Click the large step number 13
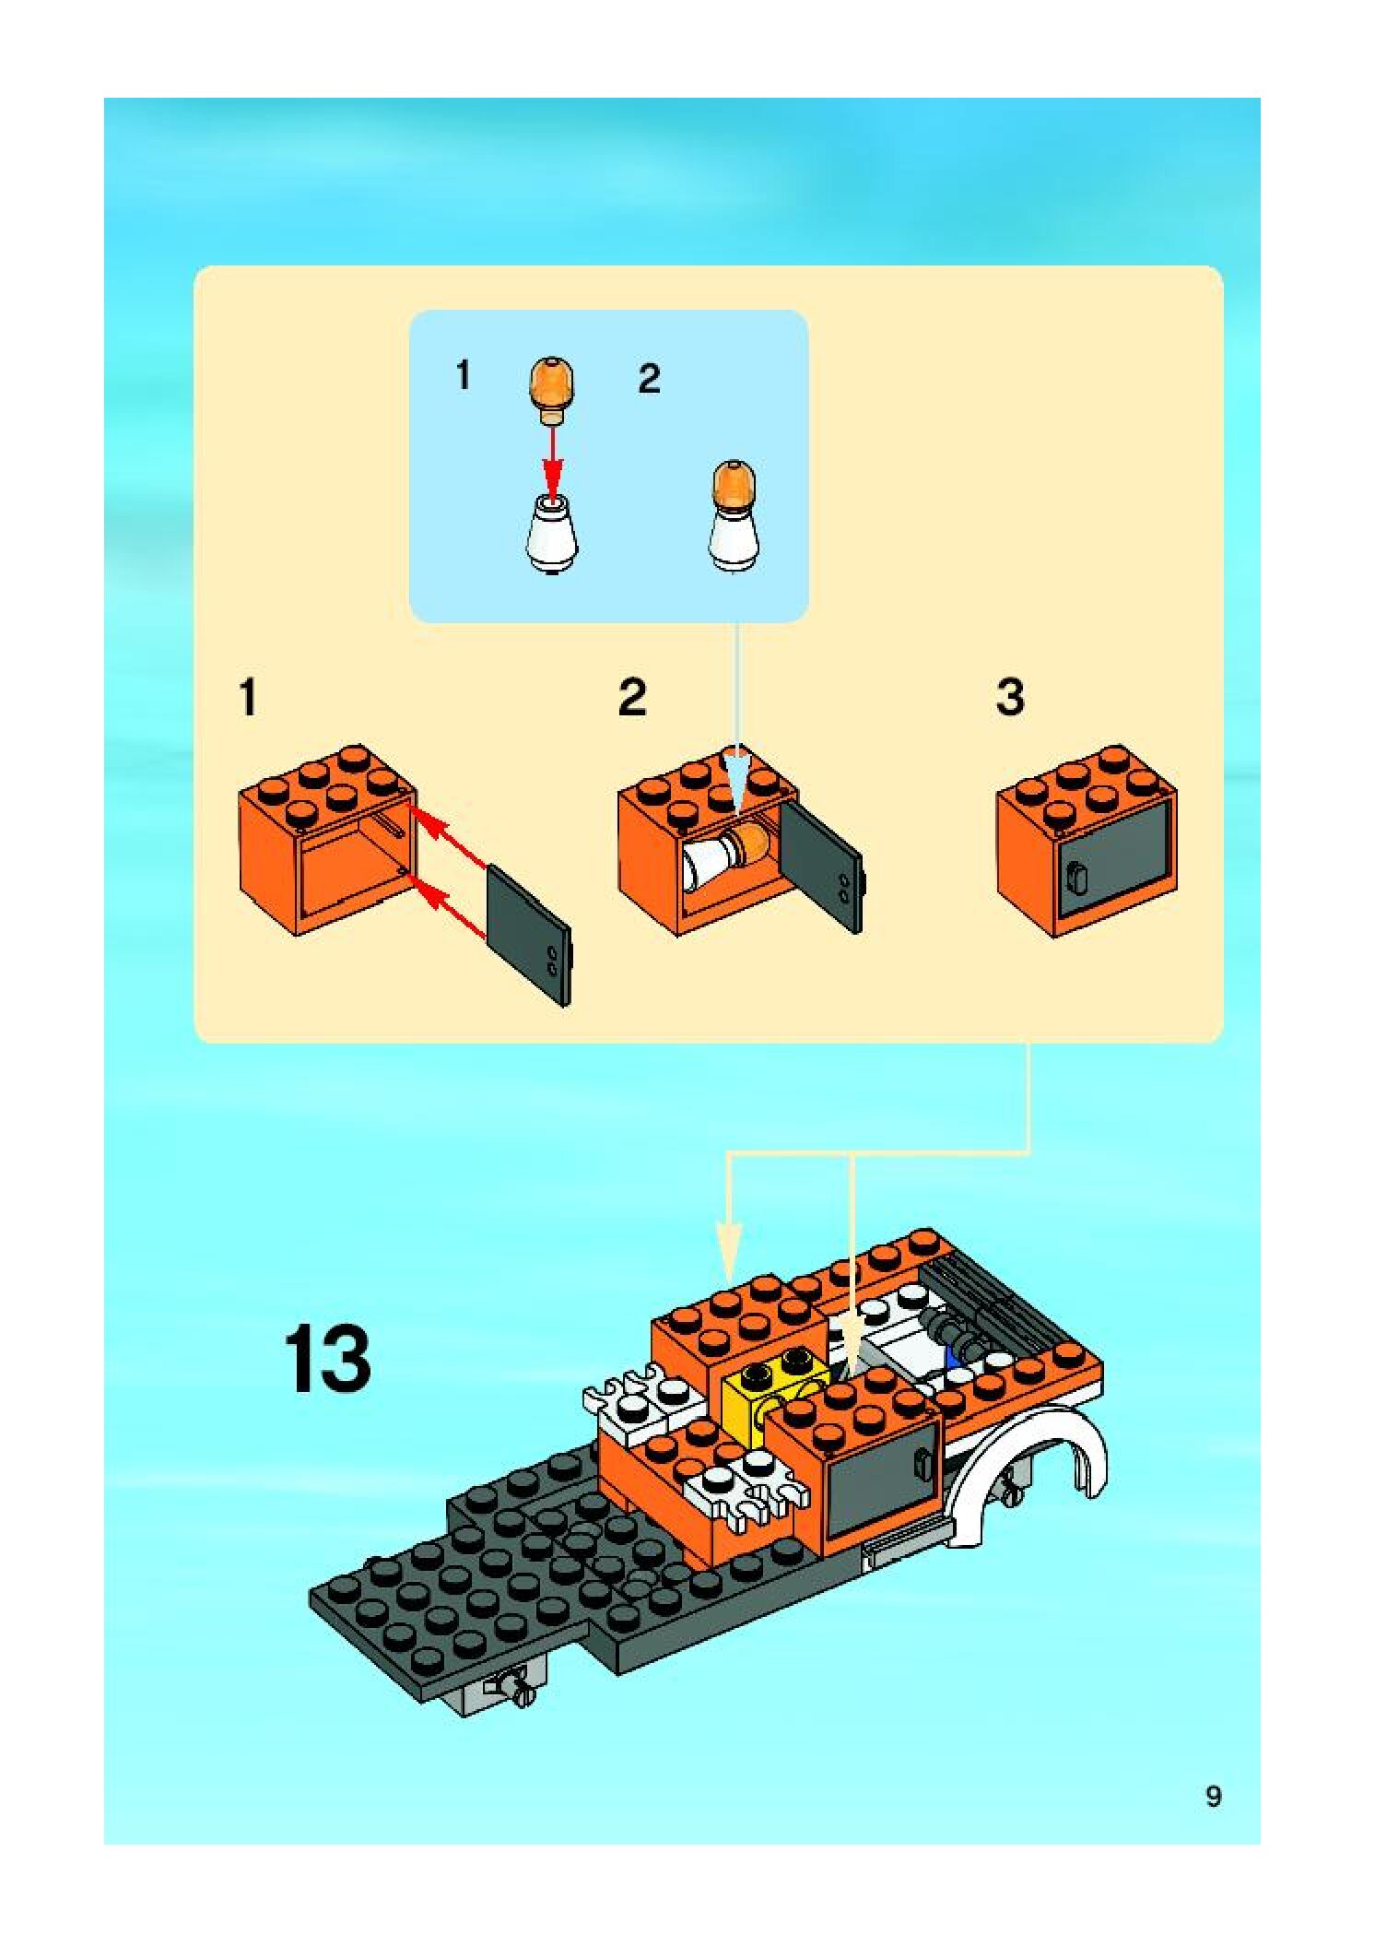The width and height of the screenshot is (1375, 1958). point(327,1358)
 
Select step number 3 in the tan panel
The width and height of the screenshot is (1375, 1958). point(1010,698)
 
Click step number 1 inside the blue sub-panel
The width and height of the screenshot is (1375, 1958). point(463,376)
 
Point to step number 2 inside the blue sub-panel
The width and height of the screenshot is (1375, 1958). point(649,379)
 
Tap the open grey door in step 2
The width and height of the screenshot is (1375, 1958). point(822,865)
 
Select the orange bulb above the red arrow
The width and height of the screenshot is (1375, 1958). point(551,389)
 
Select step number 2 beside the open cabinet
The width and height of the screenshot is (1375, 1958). point(632,698)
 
